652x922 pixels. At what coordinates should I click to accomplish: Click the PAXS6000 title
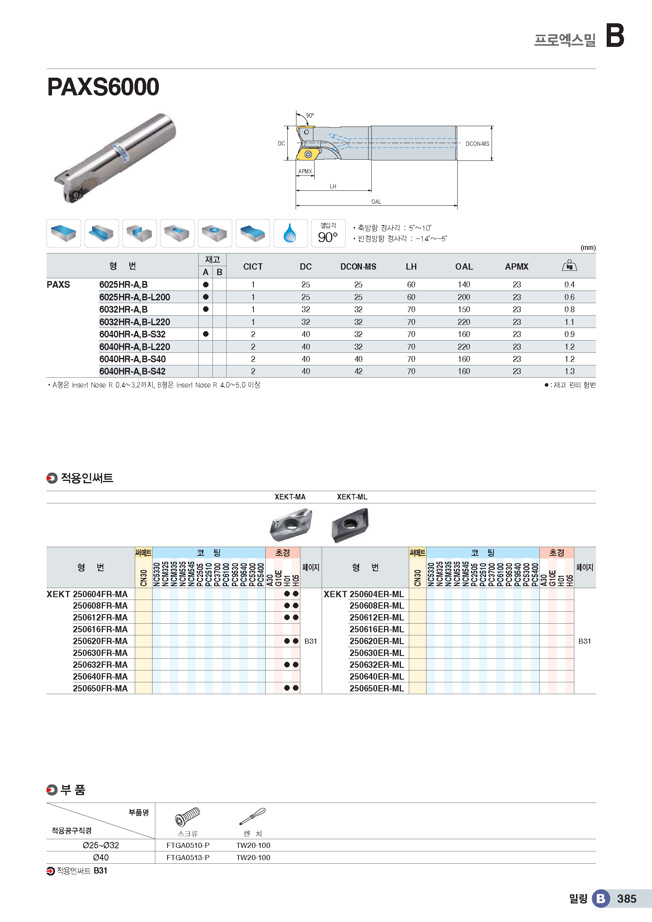(x=103, y=87)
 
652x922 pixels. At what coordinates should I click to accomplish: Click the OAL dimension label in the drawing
(x=376, y=201)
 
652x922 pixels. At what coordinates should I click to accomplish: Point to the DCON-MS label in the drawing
(x=477, y=144)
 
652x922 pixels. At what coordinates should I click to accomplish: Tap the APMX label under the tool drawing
(x=305, y=171)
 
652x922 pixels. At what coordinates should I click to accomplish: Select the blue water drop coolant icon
(x=290, y=233)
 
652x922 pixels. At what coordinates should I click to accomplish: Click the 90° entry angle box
(x=328, y=233)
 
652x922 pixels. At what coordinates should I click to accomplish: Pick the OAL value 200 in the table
(x=464, y=297)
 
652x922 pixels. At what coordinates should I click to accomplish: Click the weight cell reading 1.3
(x=569, y=371)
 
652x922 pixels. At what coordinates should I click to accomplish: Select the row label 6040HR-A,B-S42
(x=132, y=371)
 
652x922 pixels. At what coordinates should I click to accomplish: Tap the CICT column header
(x=253, y=266)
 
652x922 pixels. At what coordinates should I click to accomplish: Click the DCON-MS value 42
(x=358, y=371)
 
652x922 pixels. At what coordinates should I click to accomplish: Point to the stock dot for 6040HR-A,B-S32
(x=205, y=334)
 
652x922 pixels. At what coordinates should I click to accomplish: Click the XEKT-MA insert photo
(x=291, y=524)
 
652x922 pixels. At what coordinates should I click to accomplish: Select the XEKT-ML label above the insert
(x=352, y=497)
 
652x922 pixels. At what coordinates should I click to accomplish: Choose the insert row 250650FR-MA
(x=100, y=688)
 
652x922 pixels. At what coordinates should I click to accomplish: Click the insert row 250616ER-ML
(x=376, y=629)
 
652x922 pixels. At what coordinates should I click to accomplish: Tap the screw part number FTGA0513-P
(x=188, y=857)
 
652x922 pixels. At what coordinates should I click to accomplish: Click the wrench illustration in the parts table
(x=253, y=816)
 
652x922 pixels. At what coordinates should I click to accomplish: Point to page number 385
(x=627, y=899)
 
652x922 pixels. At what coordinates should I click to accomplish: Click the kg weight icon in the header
(x=569, y=265)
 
